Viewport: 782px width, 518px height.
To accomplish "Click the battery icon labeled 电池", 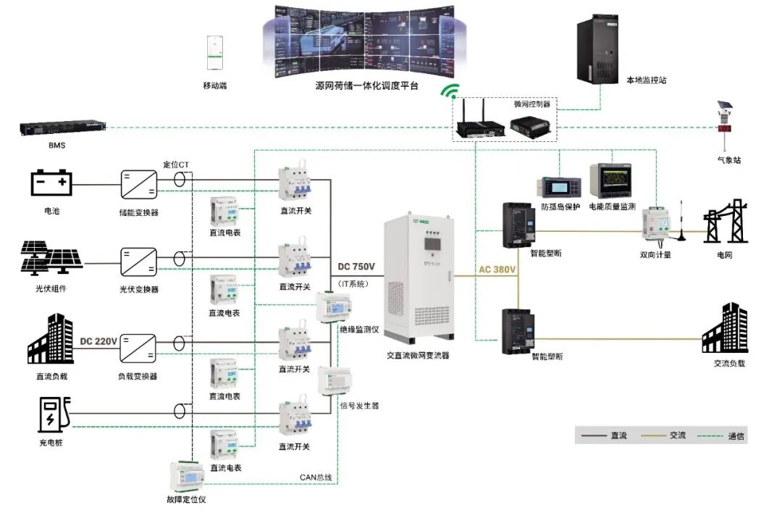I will point(52,183).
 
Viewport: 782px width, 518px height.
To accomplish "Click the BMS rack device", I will point(63,128).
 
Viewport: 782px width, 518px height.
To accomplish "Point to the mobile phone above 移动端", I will point(214,53).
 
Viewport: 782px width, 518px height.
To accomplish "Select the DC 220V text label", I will point(98,341).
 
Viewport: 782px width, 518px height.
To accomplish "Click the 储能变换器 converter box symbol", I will point(138,185).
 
